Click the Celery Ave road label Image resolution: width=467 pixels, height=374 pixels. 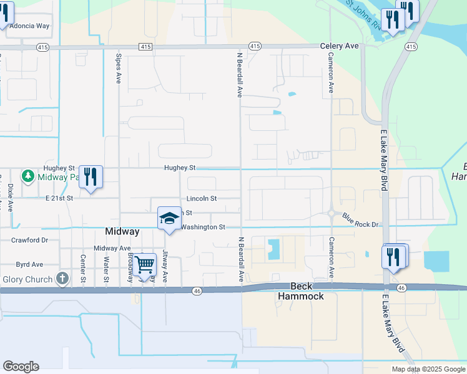[x=340, y=46]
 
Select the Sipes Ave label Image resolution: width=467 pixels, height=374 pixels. [x=118, y=67]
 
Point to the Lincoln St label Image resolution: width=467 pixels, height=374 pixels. [x=201, y=199]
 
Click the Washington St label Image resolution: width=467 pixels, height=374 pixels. [x=202, y=228]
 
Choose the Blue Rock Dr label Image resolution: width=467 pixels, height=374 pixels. [x=361, y=219]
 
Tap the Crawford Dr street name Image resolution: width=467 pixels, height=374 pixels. [x=29, y=240]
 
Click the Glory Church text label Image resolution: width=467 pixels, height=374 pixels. [x=27, y=279]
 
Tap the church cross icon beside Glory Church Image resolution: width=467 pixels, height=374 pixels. [x=62, y=279]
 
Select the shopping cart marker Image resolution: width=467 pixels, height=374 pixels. [x=145, y=265]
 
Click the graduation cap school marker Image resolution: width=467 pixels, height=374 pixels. [x=169, y=218]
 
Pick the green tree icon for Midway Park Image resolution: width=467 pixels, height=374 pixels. [x=28, y=176]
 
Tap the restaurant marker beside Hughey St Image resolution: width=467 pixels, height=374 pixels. [x=91, y=178]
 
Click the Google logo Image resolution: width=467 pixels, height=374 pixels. [x=21, y=367]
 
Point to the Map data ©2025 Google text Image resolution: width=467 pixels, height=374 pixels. [x=428, y=369]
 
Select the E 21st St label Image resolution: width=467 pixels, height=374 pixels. [x=59, y=198]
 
